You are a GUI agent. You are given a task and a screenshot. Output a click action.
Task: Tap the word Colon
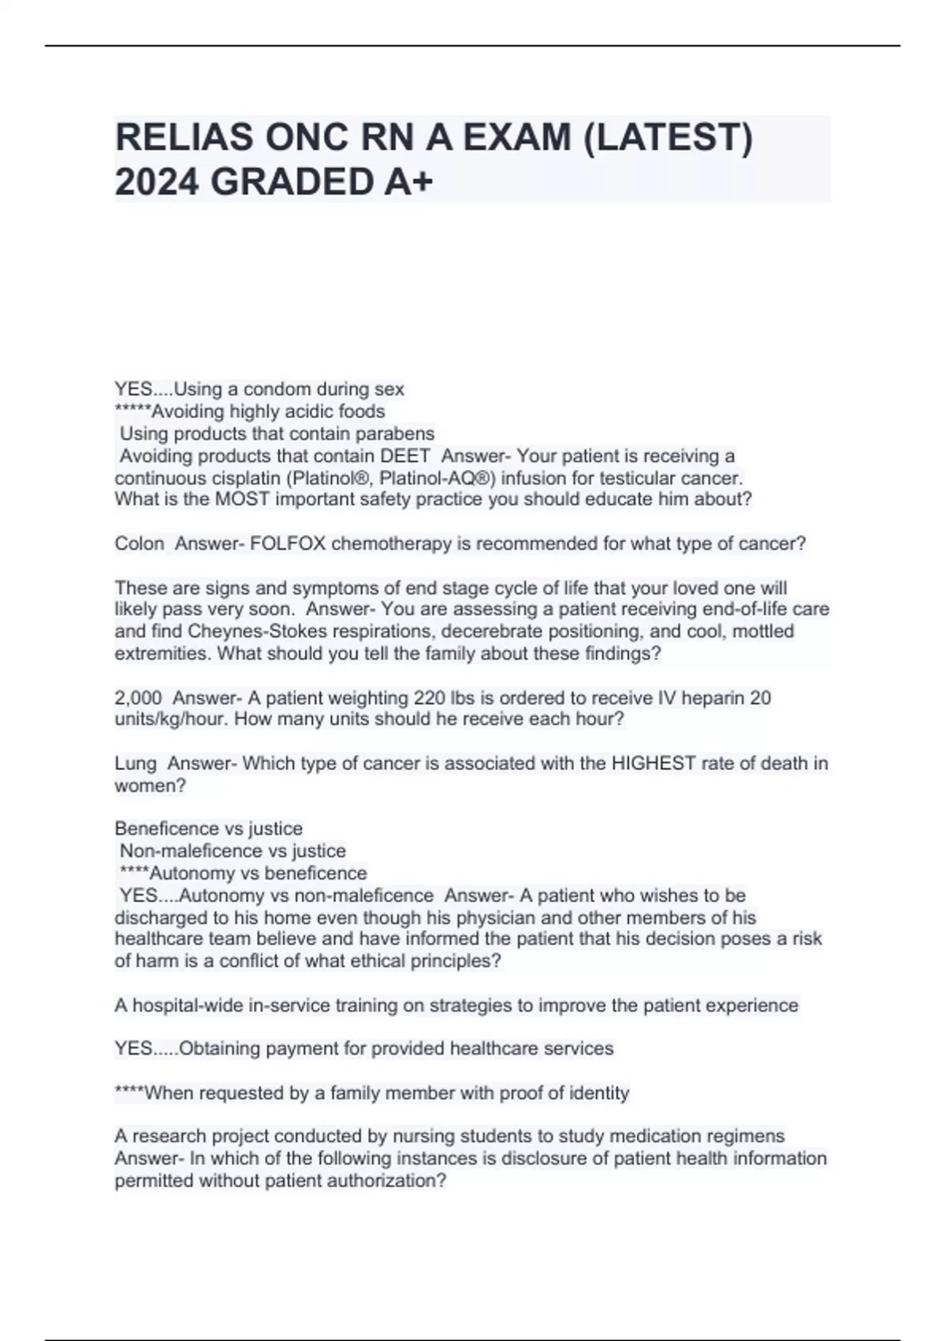pos(140,543)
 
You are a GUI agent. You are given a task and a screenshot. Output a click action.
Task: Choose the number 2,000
pos(138,698)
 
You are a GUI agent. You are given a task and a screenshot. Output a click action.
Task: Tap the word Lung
pos(136,764)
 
